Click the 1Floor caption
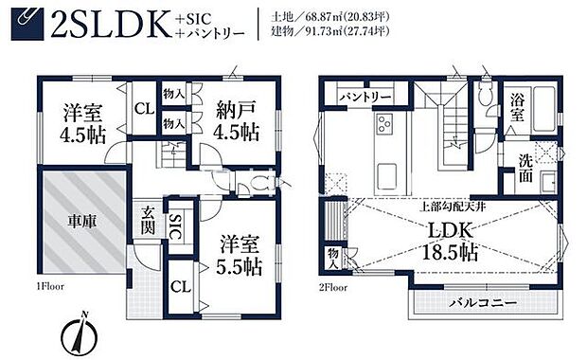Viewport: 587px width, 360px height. pos(52,283)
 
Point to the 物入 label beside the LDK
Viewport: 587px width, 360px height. pos(334,256)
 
